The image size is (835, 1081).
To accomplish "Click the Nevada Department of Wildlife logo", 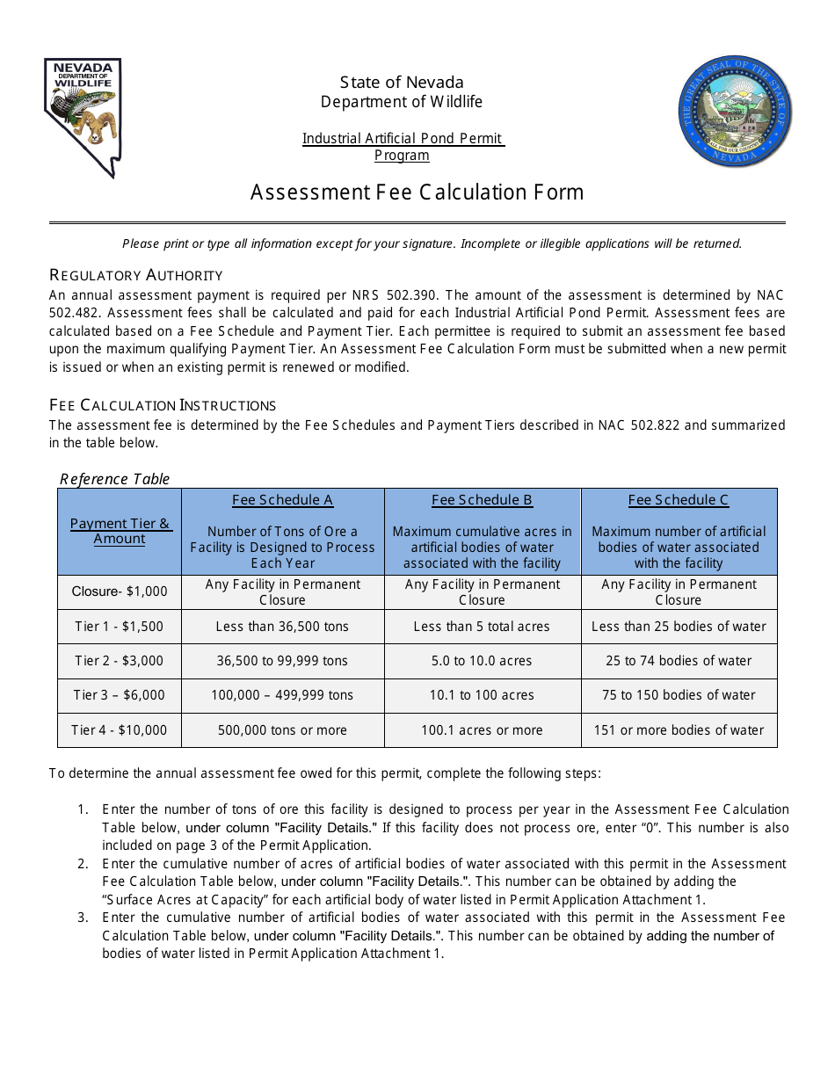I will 83,117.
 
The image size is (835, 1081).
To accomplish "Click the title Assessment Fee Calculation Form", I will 417,192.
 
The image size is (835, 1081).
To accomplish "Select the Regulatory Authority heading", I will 136,275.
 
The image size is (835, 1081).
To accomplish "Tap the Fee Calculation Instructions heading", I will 163,405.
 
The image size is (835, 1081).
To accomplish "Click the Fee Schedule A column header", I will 282,500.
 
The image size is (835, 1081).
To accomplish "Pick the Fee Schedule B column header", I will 482,500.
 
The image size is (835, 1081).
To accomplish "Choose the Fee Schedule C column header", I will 678,500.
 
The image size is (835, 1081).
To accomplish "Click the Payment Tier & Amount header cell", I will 120,531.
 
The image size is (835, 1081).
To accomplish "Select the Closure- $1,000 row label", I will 120,591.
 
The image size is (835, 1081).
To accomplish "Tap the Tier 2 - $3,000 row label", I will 120,661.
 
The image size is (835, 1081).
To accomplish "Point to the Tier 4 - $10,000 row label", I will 120,730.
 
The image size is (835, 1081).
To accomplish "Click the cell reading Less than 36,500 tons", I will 282,627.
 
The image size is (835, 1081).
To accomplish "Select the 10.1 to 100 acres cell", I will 482,695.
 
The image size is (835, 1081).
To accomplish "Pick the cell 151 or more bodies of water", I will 678,730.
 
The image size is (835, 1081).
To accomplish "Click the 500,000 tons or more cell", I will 282,730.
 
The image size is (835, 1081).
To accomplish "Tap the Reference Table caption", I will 114,479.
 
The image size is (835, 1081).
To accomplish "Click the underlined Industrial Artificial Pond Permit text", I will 403,139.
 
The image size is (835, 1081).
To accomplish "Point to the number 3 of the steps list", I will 83,918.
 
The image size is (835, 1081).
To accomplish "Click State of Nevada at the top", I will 402,83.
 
